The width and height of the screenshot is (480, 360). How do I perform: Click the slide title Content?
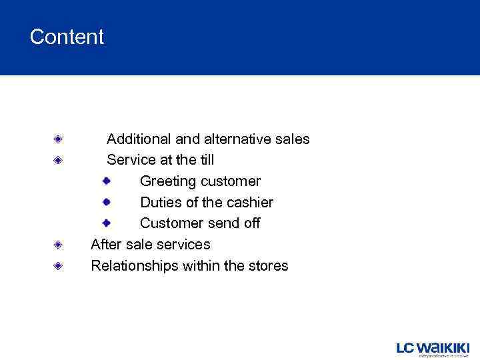pyautogui.click(x=67, y=37)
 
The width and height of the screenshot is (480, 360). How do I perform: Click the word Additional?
pyautogui.click(x=139, y=139)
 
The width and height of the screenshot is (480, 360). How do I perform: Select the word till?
pyautogui.click(x=205, y=160)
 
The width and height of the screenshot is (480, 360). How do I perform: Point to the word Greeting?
pyautogui.click(x=168, y=181)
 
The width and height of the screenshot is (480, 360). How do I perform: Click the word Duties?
pyautogui.click(x=160, y=202)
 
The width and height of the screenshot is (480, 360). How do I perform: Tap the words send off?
pyautogui.click(x=233, y=223)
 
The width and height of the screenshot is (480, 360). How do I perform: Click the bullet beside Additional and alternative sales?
pyautogui.click(x=59, y=139)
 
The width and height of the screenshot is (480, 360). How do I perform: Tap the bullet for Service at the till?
pyautogui.click(x=59, y=160)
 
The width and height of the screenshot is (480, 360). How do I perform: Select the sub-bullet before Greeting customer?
pyautogui.click(x=106, y=181)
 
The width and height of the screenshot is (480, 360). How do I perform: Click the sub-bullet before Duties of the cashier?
pyautogui.click(x=106, y=201)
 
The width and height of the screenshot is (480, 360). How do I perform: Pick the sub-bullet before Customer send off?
pyautogui.click(x=106, y=223)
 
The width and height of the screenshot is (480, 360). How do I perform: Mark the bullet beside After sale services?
pyautogui.click(x=59, y=245)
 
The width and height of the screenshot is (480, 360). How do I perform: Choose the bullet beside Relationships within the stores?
pyautogui.click(x=59, y=266)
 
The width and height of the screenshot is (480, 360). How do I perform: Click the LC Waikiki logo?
pyautogui.click(x=433, y=349)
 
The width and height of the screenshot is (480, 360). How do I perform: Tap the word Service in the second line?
pyautogui.click(x=131, y=160)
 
